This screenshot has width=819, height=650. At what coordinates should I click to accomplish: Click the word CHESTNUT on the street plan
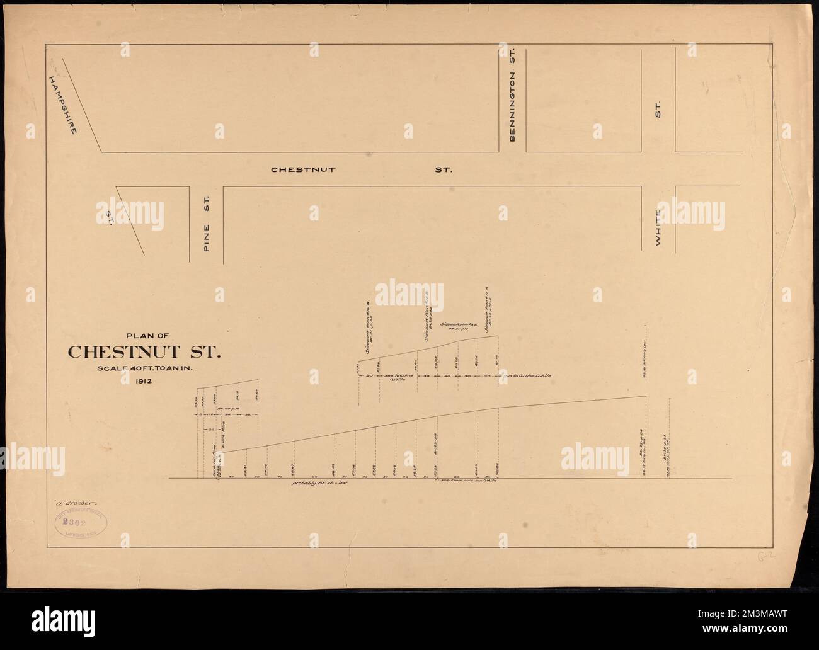coord(302,169)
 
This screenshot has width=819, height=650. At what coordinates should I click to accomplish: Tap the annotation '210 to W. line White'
coord(528,375)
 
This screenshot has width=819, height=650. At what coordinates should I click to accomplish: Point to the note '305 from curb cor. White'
coord(466,482)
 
